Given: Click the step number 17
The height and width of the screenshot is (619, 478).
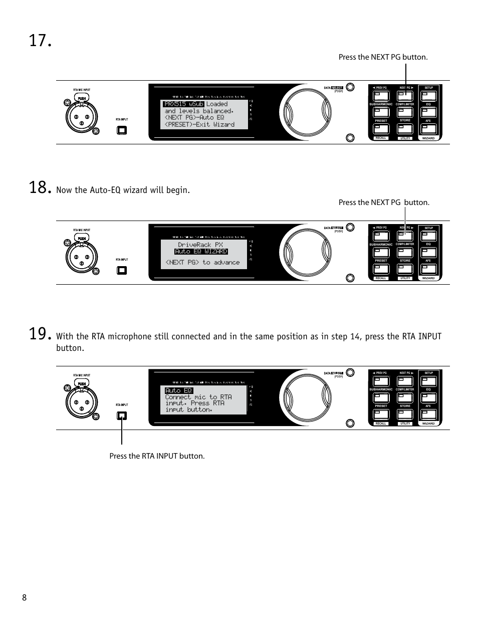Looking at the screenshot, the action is pyautogui.click(x=40, y=41).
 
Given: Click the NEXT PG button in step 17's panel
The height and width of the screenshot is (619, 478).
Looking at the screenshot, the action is pyautogui.click(x=405, y=96).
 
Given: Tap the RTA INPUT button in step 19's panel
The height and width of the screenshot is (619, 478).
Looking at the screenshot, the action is pyautogui.click(x=122, y=416).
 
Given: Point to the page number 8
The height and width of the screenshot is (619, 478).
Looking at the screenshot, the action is pyautogui.click(x=24, y=597).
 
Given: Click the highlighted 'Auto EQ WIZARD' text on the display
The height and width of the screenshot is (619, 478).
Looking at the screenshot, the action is pyautogui.click(x=201, y=252).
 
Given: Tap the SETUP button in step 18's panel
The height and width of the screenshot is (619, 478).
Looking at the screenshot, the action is pyautogui.click(x=429, y=236).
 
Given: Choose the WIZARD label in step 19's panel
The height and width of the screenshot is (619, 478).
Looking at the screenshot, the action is pyautogui.click(x=428, y=424).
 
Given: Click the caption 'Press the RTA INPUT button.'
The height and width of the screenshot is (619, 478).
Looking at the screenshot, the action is pyautogui.click(x=157, y=456).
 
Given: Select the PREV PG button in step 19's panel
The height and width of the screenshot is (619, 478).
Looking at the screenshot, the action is pyautogui.click(x=381, y=381).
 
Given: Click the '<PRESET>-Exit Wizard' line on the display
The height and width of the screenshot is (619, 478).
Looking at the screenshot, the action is pyautogui.click(x=199, y=124).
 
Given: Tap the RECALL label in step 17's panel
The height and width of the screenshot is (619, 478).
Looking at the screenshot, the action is pyautogui.click(x=381, y=138).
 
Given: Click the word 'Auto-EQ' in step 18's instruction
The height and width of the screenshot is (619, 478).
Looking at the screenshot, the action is pyautogui.click(x=107, y=190).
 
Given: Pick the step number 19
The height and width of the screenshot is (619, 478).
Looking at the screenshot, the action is pyautogui.click(x=40, y=334).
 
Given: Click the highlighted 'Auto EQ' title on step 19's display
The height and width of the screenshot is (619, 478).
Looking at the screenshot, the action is pyautogui.click(x=178, y=390).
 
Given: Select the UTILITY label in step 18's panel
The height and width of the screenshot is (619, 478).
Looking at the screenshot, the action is pyautogui.click(x=405, y=278).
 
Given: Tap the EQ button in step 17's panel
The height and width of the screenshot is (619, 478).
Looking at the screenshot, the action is pyautogui.click(x=429, y=112).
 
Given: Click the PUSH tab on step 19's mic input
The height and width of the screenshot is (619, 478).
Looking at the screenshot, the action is pyautogui.click(x=82, y=383).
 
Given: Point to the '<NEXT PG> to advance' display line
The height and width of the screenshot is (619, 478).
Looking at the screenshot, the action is pyautogui.click(x=202, y=262).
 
